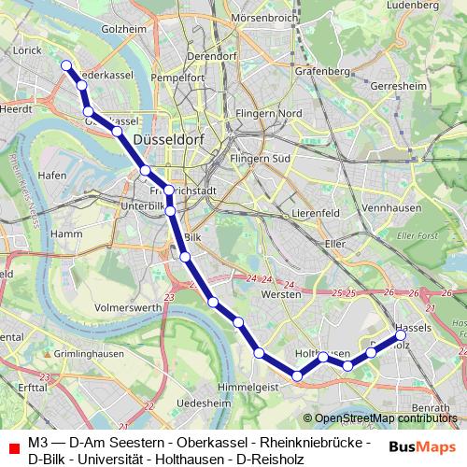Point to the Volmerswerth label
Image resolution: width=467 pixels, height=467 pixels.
point(129,305)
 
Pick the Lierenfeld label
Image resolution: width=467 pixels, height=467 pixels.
point(313,213)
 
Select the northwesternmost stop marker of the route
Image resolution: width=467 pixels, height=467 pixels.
point(66,65)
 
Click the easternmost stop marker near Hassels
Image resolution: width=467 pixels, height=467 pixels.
point(402,333)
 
